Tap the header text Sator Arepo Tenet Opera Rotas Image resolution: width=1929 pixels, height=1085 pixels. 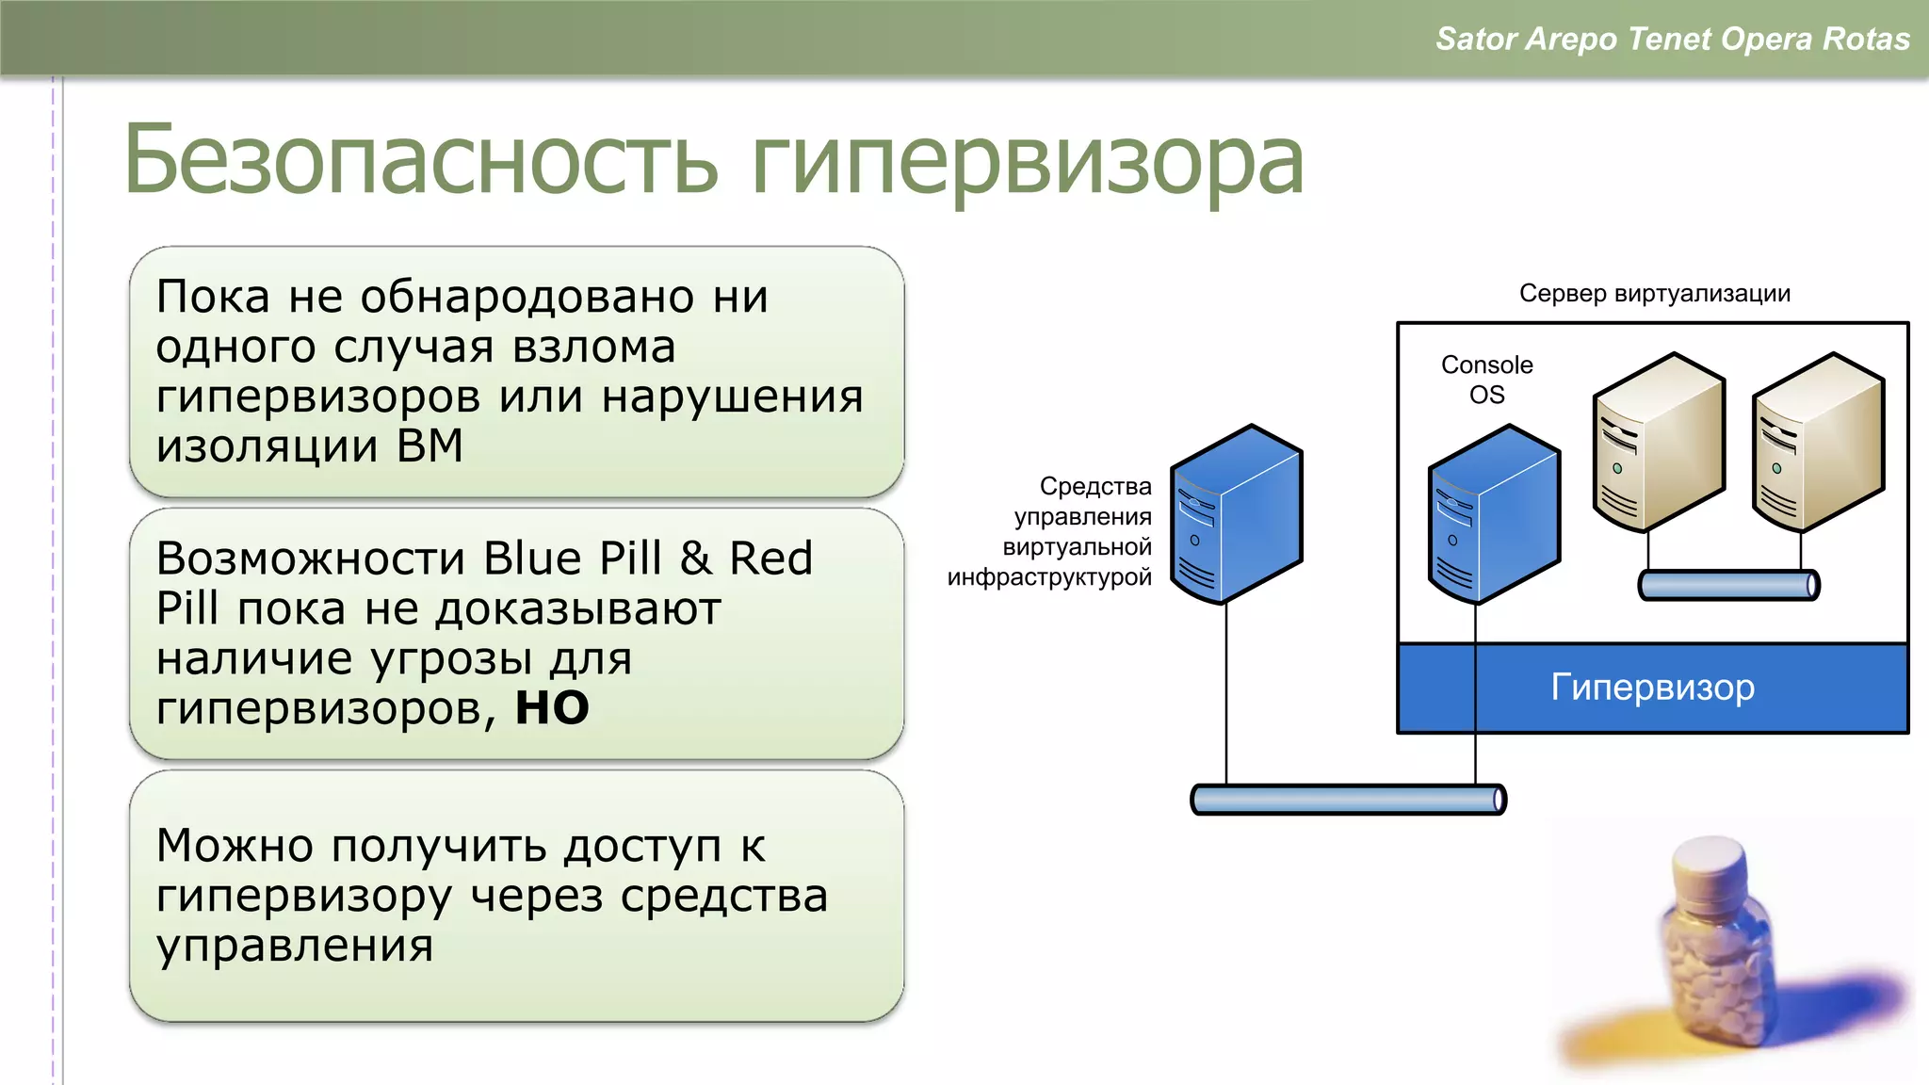tap(1672, 39)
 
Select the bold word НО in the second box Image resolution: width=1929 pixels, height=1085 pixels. tap(552, 707)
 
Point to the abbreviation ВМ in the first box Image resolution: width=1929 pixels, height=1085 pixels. tap(430, 445)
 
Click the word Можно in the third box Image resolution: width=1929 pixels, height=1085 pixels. tap(235, 845)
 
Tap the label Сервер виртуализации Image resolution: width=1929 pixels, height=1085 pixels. tap(1654, 293)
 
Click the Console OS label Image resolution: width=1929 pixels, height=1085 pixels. tap(1486, 379)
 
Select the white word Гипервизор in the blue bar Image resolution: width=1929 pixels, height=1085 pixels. tap(1652, 687)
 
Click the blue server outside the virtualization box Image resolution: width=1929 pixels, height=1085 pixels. tap(1236, 513)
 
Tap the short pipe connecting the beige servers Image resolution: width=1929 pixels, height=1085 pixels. tap(1728, 585)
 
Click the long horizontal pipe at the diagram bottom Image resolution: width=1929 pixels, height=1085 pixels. tap(1348, 800)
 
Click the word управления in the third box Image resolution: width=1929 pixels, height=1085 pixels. tap(295, 946)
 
